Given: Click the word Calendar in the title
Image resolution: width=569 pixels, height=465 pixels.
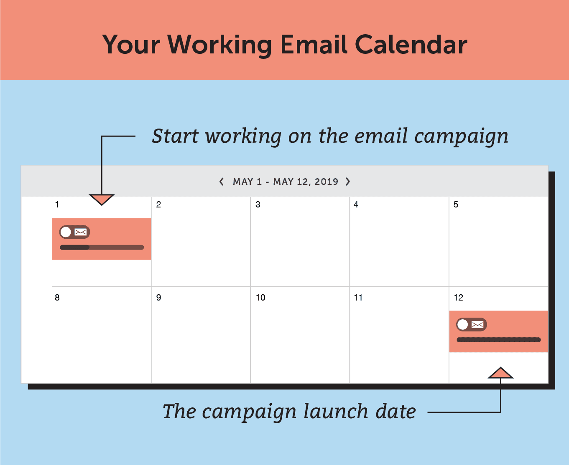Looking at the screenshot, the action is [x=411, y=45].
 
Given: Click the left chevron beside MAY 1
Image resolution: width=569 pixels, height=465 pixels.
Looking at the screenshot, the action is [x=222, y=182].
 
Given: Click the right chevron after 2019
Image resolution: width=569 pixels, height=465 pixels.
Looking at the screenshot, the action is [x=348, y=182].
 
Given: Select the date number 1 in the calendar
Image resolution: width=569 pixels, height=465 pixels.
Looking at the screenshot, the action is [x=57, y=205].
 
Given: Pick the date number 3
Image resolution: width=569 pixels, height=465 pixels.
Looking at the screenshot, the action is [x=258, y=205].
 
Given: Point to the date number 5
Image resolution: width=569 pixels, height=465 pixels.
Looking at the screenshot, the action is [x=456, y=205].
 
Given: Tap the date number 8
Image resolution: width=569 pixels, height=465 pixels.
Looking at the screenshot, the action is [x=57, y=298].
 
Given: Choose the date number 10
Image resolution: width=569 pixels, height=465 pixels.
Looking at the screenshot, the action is [x=260, y=298].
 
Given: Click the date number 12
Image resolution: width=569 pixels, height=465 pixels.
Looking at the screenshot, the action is [x=458, y=298].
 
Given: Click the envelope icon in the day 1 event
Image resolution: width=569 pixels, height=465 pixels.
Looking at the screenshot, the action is [x=80, y=232].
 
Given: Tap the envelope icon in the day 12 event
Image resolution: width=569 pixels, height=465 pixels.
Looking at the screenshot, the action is [x=477, y=324].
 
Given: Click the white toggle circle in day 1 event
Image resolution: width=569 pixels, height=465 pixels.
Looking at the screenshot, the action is [x=66, y=232].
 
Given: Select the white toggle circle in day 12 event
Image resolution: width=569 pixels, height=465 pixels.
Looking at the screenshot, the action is [x=463, y=324].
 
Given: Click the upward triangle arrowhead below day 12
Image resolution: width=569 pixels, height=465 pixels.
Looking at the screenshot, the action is [x=500, y=373].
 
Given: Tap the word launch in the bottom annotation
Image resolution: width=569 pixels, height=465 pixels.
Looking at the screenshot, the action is [x=336, y=412].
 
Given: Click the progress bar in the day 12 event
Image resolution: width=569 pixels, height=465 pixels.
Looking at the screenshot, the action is [x=499, y=340].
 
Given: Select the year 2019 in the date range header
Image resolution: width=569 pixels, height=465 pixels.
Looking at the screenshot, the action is [x=326, y=182].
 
